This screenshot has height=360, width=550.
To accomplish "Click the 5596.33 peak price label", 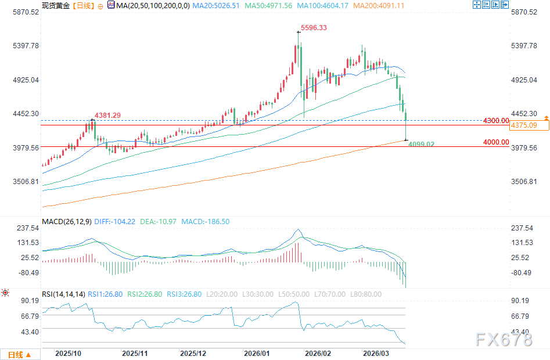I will (314, 27).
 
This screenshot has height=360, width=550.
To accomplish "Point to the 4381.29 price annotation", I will (108, 116).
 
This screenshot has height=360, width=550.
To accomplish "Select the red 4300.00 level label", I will (496, 120).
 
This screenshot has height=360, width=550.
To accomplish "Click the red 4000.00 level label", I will (496, 142).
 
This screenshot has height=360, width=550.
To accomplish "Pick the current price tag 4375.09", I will (523, 125).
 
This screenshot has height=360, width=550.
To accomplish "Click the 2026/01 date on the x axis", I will (256, 353).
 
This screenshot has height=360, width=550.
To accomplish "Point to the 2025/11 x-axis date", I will (135, 353).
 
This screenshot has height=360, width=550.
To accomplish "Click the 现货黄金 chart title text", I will (56, 5).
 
